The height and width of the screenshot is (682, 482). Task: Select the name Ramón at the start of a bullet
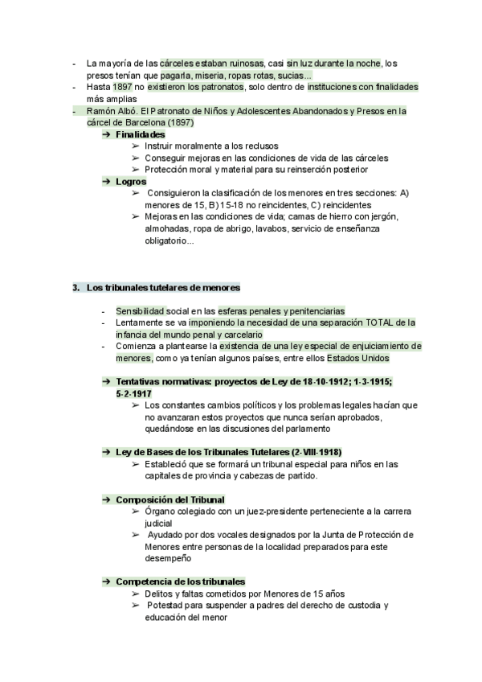[x=101, y=111]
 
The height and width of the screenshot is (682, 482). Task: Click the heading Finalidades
[x=141, y=134]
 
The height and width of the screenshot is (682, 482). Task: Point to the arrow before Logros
[x=105, y=182]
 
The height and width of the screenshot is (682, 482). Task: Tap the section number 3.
[x=76, y=287]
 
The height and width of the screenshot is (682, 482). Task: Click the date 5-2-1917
[x=134, y=393]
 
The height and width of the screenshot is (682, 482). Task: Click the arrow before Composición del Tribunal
[x=105, y=499]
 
